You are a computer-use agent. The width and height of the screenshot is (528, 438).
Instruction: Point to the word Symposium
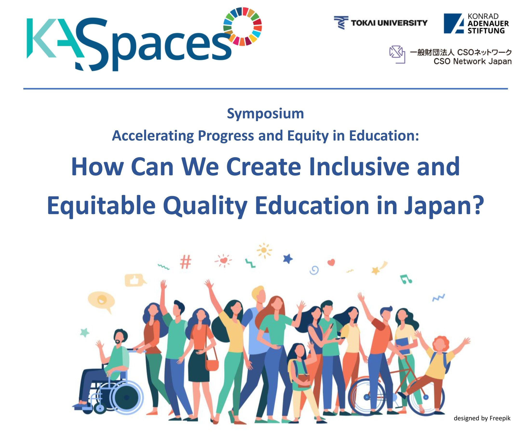coord(265,113)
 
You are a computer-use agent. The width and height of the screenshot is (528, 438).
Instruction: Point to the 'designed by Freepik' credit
coord(482,418)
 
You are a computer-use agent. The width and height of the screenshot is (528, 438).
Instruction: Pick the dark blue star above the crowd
coord(288,259)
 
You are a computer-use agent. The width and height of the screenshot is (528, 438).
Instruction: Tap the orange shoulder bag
coord(212,365)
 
